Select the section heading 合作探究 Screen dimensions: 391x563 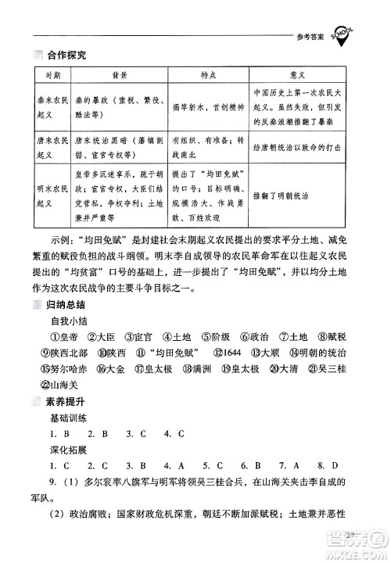pyautogui.click(x=66, y=54)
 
